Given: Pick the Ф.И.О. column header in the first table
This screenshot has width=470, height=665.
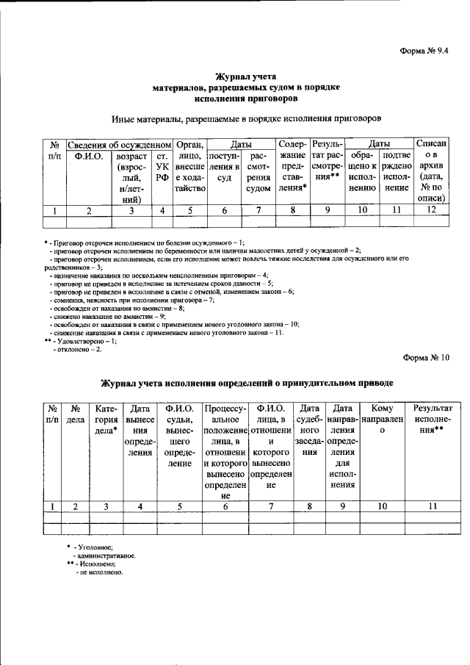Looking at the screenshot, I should (x=88, y=157).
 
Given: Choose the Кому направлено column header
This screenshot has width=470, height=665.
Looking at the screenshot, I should (x=382, y=415).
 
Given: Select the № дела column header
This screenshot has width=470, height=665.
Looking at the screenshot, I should (x=76, y=415).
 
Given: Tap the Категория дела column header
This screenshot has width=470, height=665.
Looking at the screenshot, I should (x=106, y=420).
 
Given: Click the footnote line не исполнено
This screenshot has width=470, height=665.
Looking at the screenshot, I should (x=99, y=571).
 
